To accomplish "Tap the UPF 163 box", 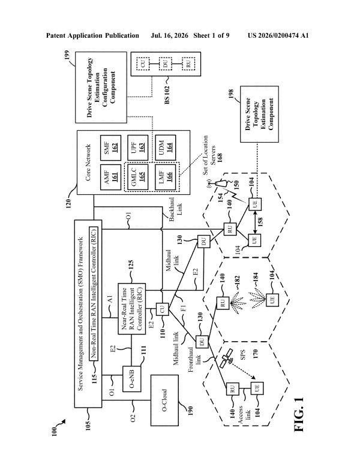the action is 137,147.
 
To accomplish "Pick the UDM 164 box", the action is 166,147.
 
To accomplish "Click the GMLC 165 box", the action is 137,177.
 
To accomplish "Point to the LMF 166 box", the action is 166,177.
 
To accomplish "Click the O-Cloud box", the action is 165,400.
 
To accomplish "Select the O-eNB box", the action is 132,379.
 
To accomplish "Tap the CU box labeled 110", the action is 162,310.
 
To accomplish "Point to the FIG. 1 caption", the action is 299,415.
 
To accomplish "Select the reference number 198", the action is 231,94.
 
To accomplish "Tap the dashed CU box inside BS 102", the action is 143,64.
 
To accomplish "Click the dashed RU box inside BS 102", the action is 188,64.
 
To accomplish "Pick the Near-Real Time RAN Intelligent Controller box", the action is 132,309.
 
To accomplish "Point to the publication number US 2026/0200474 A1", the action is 278,35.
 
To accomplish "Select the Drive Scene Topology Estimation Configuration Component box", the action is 101,88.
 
